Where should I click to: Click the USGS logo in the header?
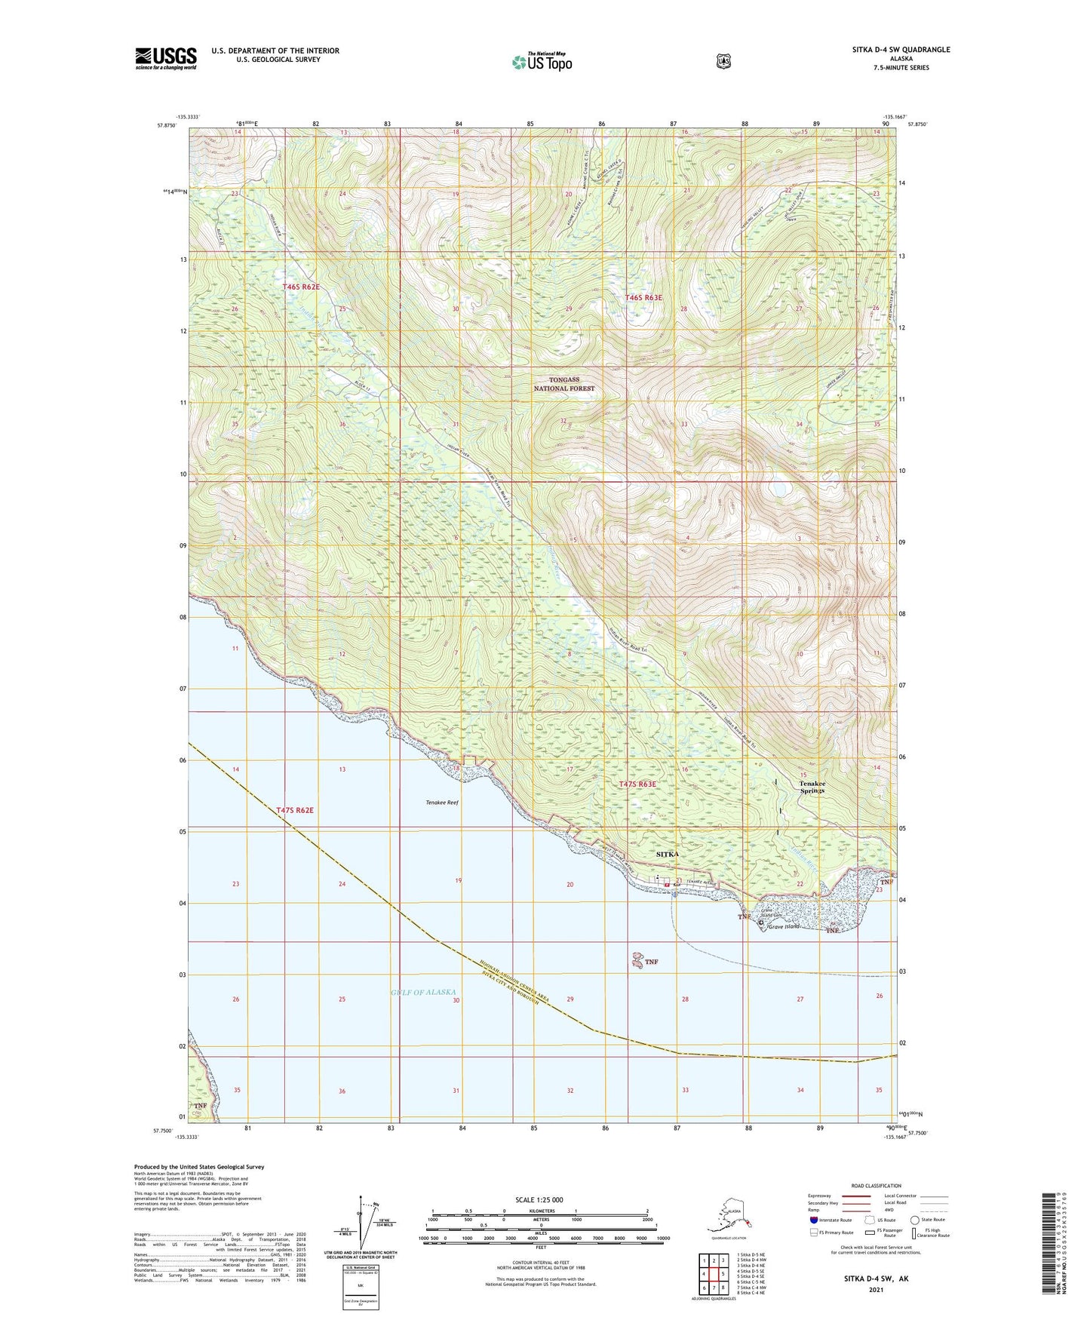pos(166,58)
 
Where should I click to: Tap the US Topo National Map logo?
pos(542,62)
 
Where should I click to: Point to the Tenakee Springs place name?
pos(812,787)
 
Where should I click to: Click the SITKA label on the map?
pos(668,854)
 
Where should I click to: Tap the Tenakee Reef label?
pos(442,803)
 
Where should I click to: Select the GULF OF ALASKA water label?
pos(423,992)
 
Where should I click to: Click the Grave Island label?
pos(784,926)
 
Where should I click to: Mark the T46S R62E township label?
pos(301,287)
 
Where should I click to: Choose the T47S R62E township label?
pos(294,810)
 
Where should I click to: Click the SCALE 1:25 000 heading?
pos(539,1199)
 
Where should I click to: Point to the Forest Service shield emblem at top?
pos(723,61)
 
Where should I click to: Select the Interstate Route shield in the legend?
pos(813,1220)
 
